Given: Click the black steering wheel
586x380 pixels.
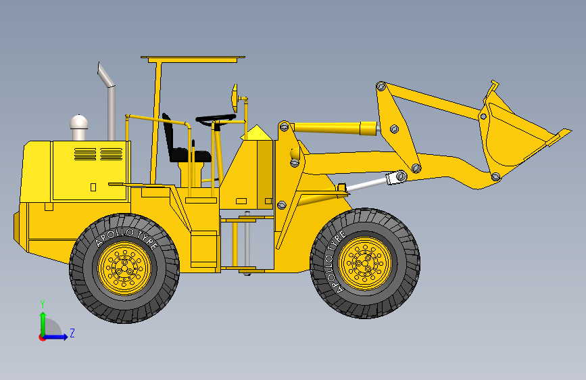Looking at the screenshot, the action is (x=216, y=120).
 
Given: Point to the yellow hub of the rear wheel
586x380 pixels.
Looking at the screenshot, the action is (x=124, y=268).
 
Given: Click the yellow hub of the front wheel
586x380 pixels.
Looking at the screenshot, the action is (x=365, y=263).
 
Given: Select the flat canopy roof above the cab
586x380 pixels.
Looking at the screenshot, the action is (x=193, y=59).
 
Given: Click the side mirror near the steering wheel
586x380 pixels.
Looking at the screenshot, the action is (x=235, y=98).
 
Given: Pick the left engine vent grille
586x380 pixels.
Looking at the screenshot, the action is (x=85, y=154).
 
